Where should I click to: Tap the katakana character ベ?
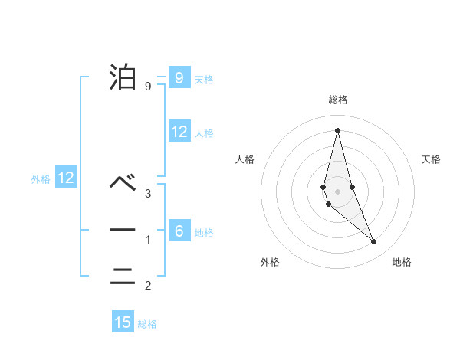(x=123, y=183)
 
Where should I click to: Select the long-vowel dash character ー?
(x=123, y=230)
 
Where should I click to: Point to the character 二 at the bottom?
(x=123, y=277)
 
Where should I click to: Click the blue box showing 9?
(x=179, y=77)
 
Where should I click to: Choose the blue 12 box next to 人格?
(x=179, y=132)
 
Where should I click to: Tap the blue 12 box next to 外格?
(x=66, y=178)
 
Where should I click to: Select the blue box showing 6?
(x=179, y=231)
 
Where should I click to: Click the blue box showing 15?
(x=123, y=322)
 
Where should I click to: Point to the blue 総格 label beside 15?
(x=147, y=324)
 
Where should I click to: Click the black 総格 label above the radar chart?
(x=338, y=100)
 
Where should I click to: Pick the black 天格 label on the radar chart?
(x=431, y=159)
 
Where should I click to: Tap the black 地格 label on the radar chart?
(x=402, y=262)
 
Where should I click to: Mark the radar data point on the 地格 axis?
(x=374, y=242)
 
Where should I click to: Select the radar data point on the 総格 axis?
(x=337, y=130)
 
